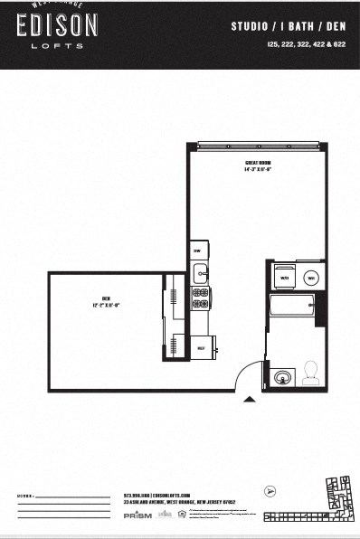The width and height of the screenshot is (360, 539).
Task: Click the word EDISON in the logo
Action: pos(57,28)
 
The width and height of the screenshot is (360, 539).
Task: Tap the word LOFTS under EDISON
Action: pos(57,46)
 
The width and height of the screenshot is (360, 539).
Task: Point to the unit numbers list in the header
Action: pos(308,44)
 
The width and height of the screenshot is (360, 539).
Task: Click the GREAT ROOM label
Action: pos(258,165)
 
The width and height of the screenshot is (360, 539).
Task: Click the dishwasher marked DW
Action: pos(197,251)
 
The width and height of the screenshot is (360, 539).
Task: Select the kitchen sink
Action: pos(200,272)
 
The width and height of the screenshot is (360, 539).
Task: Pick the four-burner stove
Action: pos(200,297)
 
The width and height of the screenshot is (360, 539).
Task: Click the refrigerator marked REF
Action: pos(201,347)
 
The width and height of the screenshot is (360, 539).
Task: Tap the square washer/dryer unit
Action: pos(284,277)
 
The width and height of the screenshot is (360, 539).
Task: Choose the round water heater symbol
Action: pos(310,278)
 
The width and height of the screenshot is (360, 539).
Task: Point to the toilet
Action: pos(308,372)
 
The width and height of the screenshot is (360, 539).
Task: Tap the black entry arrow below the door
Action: pos(251,398)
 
